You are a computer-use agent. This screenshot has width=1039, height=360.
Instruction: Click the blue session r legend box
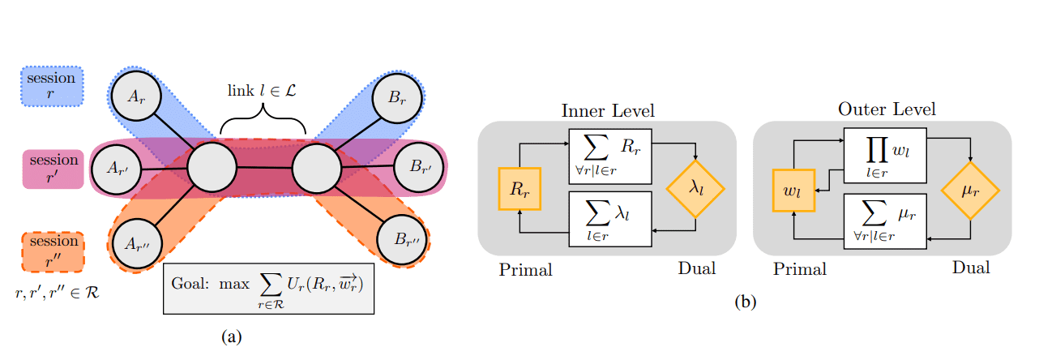click(51, 87)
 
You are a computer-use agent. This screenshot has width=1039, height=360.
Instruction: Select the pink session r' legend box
click(51, 169)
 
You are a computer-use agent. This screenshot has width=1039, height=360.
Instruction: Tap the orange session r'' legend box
click(51, 252)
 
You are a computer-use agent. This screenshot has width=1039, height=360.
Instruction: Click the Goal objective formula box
click(268, 288)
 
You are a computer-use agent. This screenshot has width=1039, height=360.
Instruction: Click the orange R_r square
click(519, 191)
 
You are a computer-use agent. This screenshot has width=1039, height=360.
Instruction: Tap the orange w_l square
click(793, 191)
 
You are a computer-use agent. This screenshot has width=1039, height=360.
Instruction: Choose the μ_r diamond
click(970, 191)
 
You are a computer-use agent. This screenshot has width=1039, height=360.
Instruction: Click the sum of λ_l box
click(609, 220)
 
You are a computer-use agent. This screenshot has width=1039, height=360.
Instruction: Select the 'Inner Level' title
click(608, 109)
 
